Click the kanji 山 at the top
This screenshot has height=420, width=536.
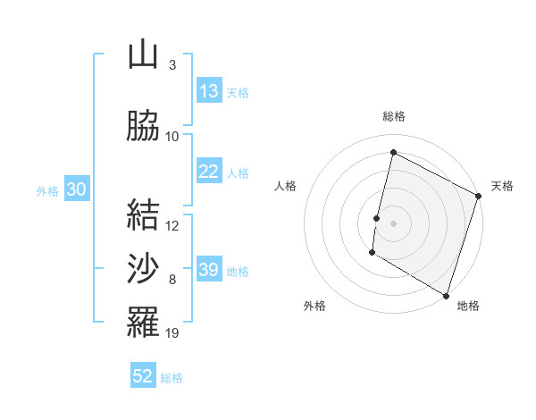143,55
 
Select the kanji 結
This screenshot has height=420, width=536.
143,215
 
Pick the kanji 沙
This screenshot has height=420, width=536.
143,269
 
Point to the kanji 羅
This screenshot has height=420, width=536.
143,323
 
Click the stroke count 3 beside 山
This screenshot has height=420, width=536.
172,65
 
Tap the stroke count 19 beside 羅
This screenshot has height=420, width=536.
172,333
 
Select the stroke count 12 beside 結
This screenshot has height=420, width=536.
172,226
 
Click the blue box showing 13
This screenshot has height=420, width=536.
209,91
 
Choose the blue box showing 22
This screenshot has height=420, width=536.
209,172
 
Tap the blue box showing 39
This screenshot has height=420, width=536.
209,270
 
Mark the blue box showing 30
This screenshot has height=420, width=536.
76,189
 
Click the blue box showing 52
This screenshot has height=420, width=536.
143,376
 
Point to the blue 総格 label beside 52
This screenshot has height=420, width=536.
172,378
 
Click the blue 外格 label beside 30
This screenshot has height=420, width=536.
47,190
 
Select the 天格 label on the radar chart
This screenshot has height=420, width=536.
502,186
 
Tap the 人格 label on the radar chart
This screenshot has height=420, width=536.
286,186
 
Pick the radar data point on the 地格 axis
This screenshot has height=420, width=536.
446,295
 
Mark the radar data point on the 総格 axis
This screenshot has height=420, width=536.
393,153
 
